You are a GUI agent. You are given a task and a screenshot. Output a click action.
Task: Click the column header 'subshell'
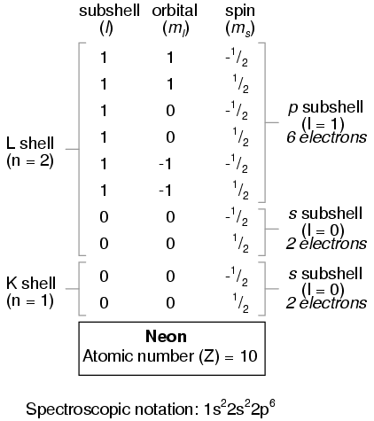coord(109,11)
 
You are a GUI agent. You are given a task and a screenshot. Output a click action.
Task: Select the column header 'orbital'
coord(175,11)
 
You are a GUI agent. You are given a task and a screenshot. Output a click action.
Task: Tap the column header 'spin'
coord(240,12)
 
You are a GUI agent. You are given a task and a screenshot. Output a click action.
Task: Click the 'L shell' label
coord(30,144)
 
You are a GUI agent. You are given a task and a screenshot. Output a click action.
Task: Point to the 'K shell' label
coord(31,283)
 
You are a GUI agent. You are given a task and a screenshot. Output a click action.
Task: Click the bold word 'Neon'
coord(166,336)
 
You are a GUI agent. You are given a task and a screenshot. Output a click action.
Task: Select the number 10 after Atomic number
coord(248,356)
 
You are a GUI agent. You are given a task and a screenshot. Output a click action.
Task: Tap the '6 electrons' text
coord(327,137)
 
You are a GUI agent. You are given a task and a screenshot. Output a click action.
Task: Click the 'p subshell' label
coord(326,107)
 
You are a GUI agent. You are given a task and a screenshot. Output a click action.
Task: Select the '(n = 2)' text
coord(30,161)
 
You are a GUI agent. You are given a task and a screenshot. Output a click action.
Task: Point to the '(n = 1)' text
coord(30,300)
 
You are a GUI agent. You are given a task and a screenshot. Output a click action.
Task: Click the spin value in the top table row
coord(237,58)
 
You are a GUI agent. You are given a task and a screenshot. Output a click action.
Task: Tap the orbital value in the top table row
coord(170,58)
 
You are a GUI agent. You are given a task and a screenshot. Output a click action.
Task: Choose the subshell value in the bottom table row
coord(104,303)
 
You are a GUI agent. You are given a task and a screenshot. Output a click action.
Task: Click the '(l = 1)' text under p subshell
coord(323,124)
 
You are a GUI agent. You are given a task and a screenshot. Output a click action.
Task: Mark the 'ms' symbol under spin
coord(240,29)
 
